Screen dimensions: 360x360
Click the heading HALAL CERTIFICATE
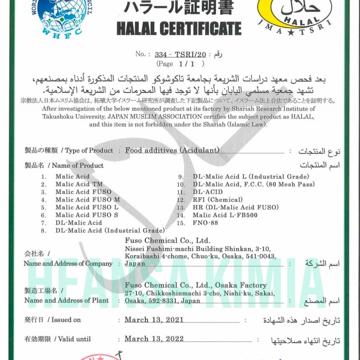tap(179, 29)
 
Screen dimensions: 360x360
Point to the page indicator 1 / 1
tap(186, 64)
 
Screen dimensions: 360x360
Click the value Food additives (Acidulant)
tap(172, 150)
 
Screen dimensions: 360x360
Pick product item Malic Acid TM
tap(79, 184)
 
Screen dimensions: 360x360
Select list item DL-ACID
tap(208, 192)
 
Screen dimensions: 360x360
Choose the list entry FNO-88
tap(205, 223)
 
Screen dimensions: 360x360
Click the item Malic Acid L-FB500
tap(225, 215)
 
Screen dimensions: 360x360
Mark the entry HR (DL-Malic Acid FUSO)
tap(236, 207)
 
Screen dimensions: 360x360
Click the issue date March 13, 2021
tap(154, 320)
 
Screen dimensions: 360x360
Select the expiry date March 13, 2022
tap(154, 339)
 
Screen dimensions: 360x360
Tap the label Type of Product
tap(89, 151)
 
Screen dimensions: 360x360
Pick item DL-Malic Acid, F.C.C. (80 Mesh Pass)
tap(254, 184)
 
